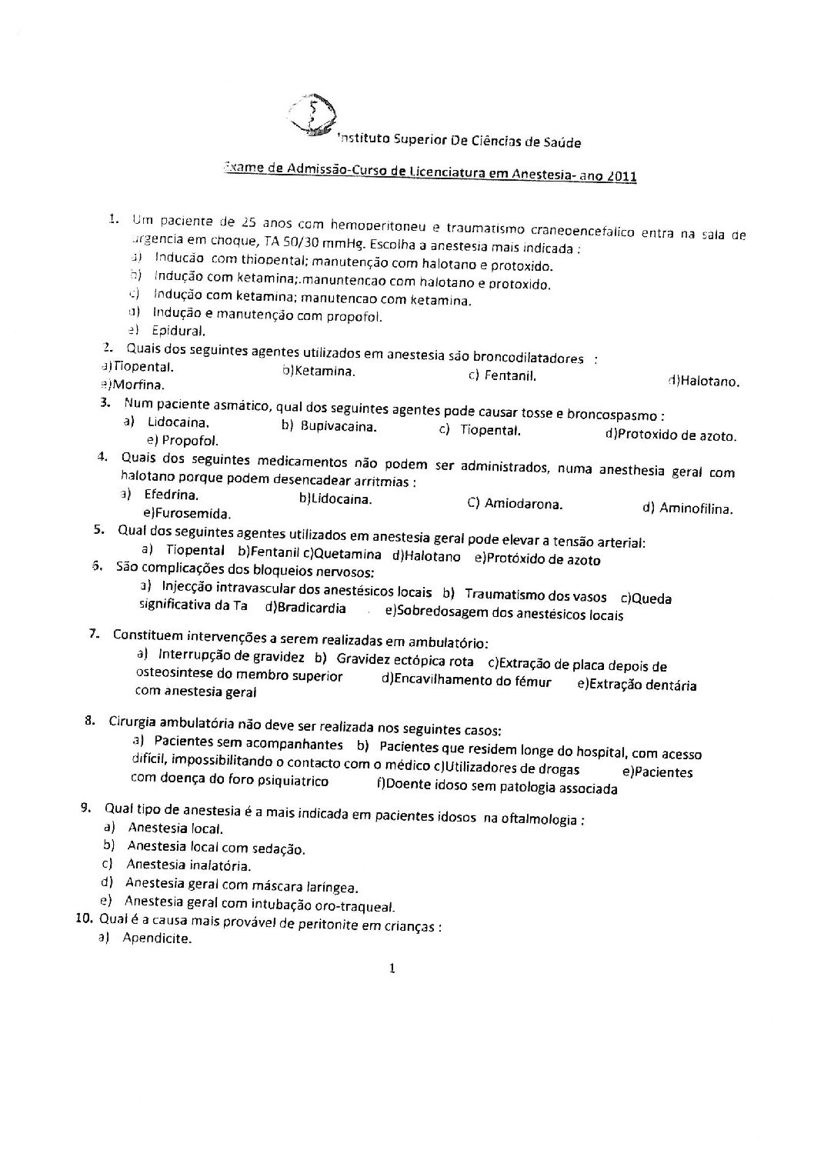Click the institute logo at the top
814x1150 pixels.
click(311, 117)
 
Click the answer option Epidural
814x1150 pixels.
click(178, 332)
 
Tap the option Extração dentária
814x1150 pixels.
click(642, 685)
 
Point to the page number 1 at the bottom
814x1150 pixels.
click(392, 969)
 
